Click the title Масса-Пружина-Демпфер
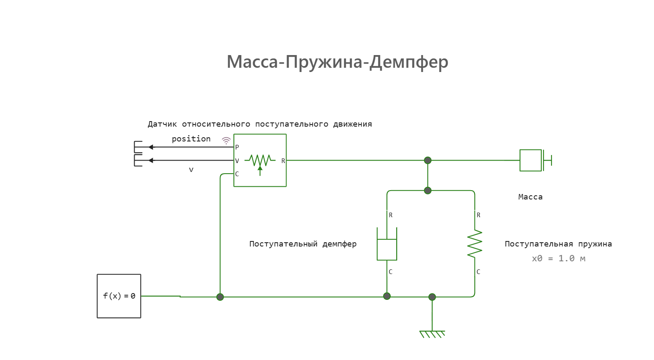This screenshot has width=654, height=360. [337, 62]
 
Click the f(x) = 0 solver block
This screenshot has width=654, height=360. [119, 296]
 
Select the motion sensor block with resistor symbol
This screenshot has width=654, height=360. [260, 160]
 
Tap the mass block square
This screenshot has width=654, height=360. [530, 160]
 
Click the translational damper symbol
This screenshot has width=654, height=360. [387, 244]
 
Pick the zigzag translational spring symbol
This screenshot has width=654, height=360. [475, 244]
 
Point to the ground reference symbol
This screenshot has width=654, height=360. [432, 334]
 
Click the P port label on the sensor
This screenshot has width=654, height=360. [237, 147]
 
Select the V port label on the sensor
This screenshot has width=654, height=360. [237, 161]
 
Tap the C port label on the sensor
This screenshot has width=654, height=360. [237, 174]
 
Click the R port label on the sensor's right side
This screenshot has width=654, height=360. [283, 161]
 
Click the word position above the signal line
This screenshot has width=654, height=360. [191, 139]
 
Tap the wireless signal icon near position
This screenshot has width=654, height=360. [226, 141]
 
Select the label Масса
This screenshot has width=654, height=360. [530, 197]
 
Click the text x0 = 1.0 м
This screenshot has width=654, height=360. [558, 258]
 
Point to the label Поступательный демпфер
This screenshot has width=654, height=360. [303, 244]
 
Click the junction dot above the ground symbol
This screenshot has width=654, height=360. [432, 297]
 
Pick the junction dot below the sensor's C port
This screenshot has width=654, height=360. [220, 297]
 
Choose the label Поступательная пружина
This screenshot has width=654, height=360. [558, 244]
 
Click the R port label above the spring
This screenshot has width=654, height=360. [478, 215]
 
